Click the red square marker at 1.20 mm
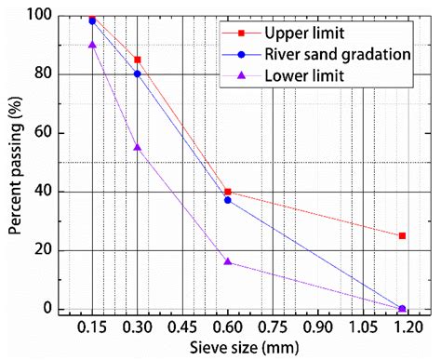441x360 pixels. pyautogui.click(x=402, y=235)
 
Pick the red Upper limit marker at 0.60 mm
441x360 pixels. pyautogui.click(x=228, y=192)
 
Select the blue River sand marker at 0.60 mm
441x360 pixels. pyautogui.click(x=228, y=200)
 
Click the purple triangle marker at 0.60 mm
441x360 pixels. pyautogui.click(x=228, y=261)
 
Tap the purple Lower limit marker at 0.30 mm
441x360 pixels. pyautogui.click(x=138, y=147)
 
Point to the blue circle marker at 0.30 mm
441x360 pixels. pyautogui.click(x=138, y=73)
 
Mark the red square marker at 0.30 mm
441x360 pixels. pyautogui.click(x=138, y=59)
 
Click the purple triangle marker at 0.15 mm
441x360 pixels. pyautogui.click(x=92, y=44)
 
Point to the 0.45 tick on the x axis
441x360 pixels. pyautogui.click(x=182, y=328)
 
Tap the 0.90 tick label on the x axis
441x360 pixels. pyautogui.click(x=318, y=328)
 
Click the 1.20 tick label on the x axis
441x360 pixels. pyautogui.click(x=408, y=328)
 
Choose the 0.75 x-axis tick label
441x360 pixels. pyautogui.click(x=273, y=328)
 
